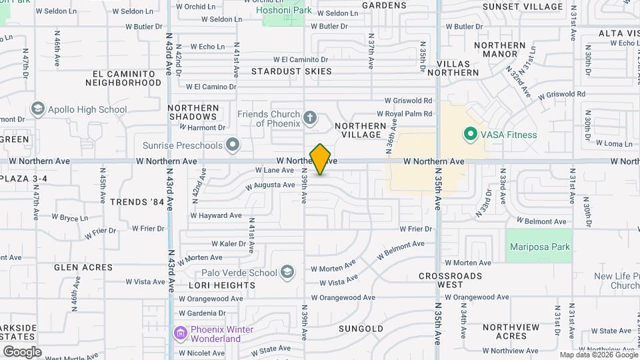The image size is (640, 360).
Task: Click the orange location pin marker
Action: [x=320, y=159]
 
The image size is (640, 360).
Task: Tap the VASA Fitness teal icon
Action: [x=470, y=135]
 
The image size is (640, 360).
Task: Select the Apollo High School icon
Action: [x=38, y=109]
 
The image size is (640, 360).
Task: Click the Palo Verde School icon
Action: [x=287, y=272]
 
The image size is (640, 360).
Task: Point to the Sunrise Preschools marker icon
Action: [x=232, y=145]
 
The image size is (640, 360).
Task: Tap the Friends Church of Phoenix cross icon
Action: [x=309, y=119]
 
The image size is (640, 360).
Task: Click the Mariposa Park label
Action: [x=540, y=247]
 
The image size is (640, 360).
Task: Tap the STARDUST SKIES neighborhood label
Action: [x=291, y=71]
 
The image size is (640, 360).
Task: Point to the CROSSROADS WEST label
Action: [x=450, y=280]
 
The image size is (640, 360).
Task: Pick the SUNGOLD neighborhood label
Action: [x=361, y=329]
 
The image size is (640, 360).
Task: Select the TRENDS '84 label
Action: [x=137, y=201]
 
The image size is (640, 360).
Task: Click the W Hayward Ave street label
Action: [x=216, y=215]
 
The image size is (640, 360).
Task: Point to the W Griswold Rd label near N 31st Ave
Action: [x=561, y=95]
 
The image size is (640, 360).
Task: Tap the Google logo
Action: [x=22, y=351]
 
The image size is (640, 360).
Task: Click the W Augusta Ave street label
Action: [x=270, y=185]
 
